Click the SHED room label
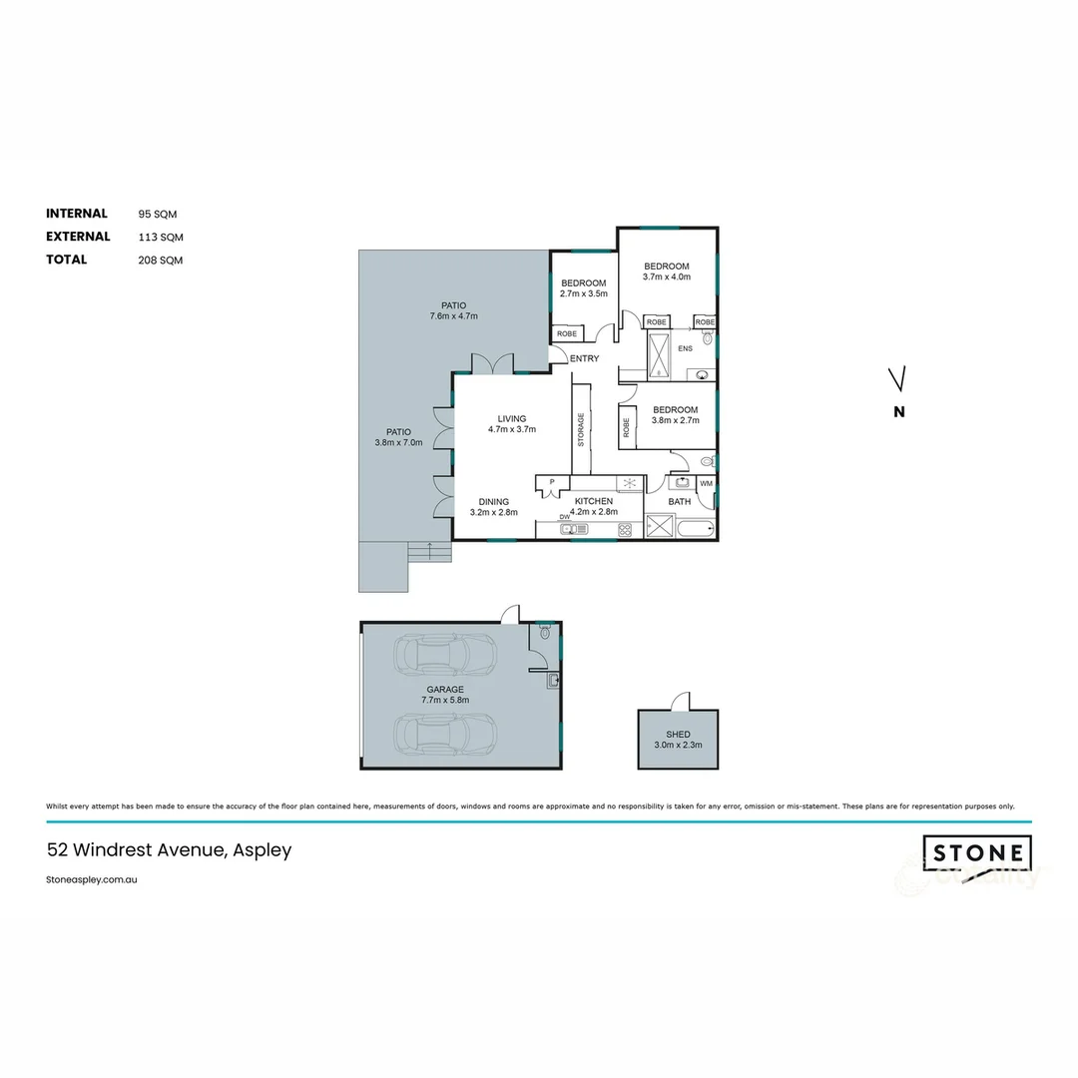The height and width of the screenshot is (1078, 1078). [x=678, y=734]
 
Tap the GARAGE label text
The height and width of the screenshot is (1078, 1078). [x=444, y=689]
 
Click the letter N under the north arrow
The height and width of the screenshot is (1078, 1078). [x=898, y=411]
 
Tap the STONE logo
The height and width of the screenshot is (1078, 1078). [x=977, y=854]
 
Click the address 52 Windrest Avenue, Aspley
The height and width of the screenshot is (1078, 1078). [x=169, y=850]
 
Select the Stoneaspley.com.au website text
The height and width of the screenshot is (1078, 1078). [x=91, y=880]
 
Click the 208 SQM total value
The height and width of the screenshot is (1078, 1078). [x=161, y=260]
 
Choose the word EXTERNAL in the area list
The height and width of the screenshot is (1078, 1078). [x=78, y=237]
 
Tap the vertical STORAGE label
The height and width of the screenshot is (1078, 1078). [x=579, y=430]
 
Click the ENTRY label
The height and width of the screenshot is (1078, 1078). [x=584, y=358]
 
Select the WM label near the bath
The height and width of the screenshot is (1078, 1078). [x=706, y=483]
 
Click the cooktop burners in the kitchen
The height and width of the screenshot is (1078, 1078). [x=628, y=529]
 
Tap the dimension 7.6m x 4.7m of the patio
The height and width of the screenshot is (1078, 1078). [x=453, y=316]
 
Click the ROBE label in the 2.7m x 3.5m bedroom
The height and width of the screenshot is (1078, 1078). [x=566, y=333]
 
